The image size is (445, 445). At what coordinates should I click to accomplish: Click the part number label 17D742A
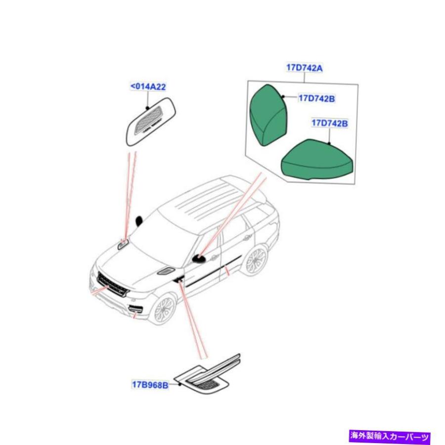[304, 68]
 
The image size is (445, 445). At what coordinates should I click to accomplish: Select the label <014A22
[148, 87]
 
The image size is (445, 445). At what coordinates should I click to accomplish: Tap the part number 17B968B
[150, 385]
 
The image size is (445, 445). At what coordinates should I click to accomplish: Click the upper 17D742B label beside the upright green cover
[316, 98]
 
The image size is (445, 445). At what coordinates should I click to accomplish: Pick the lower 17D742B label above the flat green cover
[329, 123]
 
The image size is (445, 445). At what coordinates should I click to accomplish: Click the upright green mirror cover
[268, 115]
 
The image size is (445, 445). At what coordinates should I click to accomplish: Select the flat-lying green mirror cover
[316, 160]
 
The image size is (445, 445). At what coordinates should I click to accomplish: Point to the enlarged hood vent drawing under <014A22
[151, 122]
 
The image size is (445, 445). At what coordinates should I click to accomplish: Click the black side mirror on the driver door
[199, 258]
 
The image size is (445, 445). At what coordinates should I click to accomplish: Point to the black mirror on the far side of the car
[139, 221]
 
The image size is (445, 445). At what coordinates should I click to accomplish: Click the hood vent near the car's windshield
[123, 244]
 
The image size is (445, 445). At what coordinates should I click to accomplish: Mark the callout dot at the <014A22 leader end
[147, 108]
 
